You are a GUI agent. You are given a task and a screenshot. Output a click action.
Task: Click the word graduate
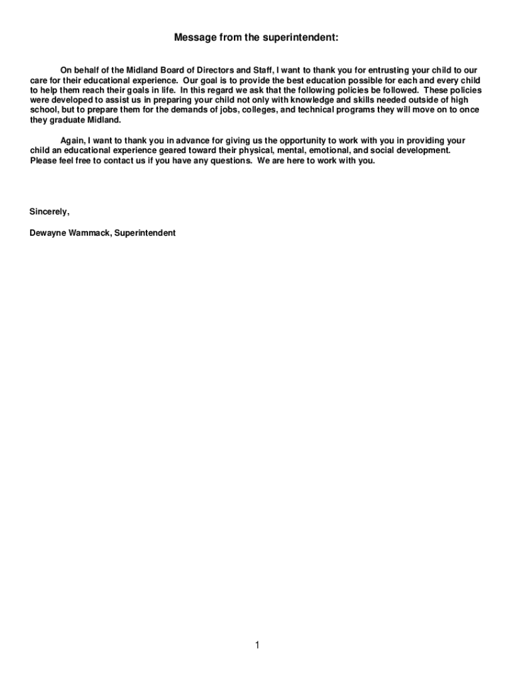point(67,120)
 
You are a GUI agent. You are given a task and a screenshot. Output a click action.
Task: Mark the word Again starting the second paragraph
point(72,141)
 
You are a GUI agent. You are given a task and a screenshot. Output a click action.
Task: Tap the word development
point(422,151)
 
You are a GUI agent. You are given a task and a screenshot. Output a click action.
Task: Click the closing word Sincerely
point(49,212)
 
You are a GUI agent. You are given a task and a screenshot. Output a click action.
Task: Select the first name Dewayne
point(47,233)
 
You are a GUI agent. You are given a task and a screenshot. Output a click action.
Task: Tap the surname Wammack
point(89,233)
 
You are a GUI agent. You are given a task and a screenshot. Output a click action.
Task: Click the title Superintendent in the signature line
point(145,233)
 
